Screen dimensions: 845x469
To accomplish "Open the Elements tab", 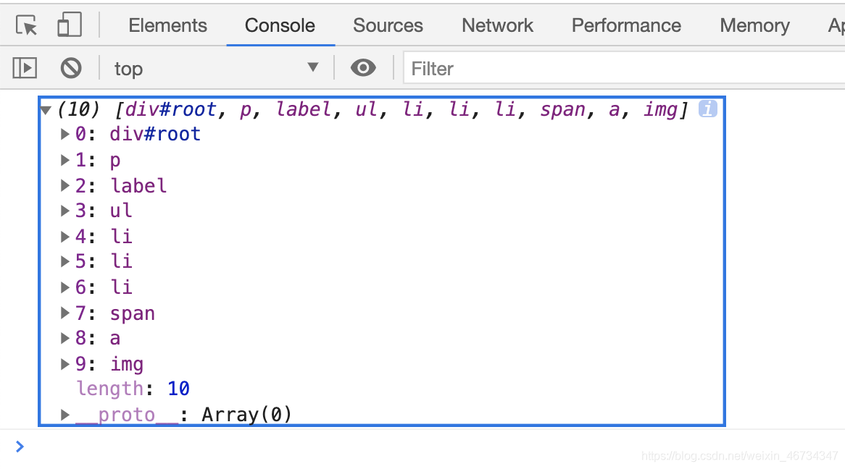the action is tap(167, 25).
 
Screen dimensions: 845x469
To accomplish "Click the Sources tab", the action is tap(388, 25).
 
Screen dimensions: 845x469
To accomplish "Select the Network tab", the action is tap(497, 25).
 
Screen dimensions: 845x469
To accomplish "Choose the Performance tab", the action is tap(626, 25).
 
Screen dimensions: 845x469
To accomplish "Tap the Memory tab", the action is tap(754, 25).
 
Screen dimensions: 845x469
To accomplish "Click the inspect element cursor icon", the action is tap(26, 25).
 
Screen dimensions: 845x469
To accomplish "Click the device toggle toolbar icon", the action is tap(70, 25).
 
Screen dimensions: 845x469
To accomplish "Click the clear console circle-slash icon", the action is tap(70, 68).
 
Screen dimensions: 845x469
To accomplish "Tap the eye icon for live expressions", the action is tap(363, 68).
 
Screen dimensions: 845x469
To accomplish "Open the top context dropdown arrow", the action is tap(312, 67).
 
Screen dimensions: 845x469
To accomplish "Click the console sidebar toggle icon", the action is tap(25, 68).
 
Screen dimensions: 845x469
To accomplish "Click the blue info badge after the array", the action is tap(707, 109).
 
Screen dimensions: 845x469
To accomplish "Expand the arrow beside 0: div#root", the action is tap(64, 134).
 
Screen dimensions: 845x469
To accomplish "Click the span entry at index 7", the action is tap(133, 313).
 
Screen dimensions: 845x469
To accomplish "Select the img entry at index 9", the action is tap(127, 365).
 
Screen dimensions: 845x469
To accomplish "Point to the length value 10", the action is tap(178, 388).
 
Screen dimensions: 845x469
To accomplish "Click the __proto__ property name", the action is tap(127, 415).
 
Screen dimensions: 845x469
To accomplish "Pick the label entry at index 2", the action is tap(138, 186).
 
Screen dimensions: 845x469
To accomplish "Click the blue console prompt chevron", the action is tap(20, 447).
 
